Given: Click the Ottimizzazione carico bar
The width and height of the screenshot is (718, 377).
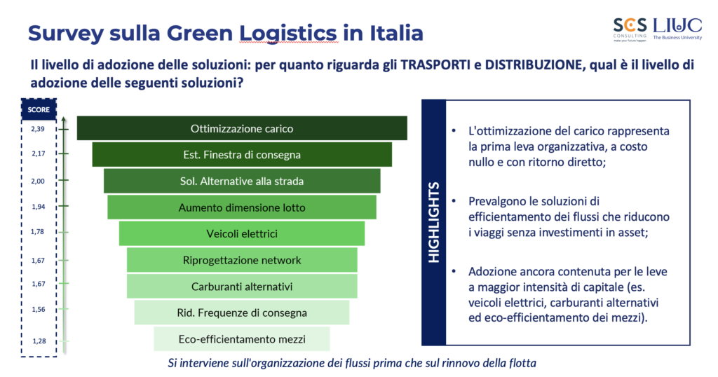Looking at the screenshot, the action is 242,128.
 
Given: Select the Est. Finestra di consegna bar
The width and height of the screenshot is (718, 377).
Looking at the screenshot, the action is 242,155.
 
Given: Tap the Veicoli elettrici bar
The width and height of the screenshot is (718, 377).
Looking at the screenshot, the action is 242,233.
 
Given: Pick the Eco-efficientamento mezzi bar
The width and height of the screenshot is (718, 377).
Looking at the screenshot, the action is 242,339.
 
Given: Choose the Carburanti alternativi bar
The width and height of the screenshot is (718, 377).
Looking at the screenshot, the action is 242,287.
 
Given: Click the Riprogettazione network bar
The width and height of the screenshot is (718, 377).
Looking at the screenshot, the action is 242,260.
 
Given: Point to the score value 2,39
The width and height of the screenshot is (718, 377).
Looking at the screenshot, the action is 38,129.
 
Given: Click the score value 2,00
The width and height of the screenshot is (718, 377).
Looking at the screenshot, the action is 38,181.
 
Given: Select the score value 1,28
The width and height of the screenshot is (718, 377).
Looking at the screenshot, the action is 39,341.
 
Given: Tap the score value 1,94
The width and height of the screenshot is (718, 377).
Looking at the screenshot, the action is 39,207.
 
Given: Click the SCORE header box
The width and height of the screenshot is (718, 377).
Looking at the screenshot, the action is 39,110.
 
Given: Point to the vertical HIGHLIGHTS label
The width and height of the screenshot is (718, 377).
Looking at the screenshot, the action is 433,222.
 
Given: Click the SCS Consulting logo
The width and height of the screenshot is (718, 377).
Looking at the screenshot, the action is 630,29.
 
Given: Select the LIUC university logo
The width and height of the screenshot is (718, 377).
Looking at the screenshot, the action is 677,29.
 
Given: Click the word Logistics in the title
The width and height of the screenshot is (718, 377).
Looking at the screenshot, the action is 288,34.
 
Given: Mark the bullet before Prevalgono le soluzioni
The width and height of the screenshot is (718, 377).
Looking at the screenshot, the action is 454,201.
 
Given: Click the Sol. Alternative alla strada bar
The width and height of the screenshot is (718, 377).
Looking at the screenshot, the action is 242,181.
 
